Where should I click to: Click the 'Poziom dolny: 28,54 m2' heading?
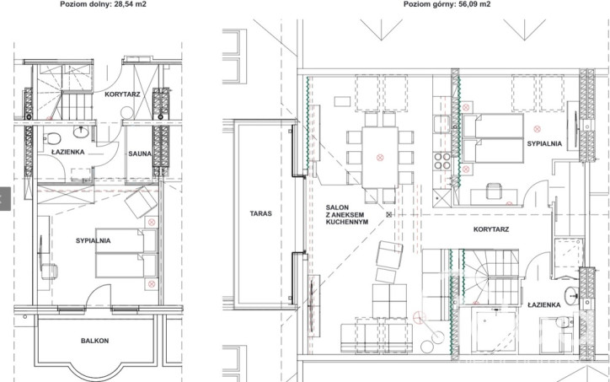tap(103, 4)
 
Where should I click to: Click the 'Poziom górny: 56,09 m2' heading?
tap(447, 4)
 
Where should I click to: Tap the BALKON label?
tap(95, 341)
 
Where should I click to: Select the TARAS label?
tap(260, 213)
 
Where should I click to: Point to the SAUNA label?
tap(140, 153)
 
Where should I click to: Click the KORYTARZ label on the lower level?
tap(122, 94)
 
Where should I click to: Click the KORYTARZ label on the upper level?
tap(491, 229)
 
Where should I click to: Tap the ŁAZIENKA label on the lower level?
tap(68, 152)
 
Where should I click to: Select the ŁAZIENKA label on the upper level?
tap(544, 305)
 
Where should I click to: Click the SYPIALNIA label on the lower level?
tap(94, 240)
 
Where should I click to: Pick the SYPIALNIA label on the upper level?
tap(544, 143)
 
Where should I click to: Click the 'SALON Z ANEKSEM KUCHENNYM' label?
tap(347, 214)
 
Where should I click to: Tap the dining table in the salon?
tap(380, 158)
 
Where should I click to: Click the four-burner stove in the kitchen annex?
tap(442, 161)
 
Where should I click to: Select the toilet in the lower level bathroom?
tap(52, 137)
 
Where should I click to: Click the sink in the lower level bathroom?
tap(81, 132)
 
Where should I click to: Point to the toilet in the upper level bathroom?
tap(563, 322)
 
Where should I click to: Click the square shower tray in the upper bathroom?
tap(494, 331)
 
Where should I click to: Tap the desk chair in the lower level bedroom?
tap(50, 271)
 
